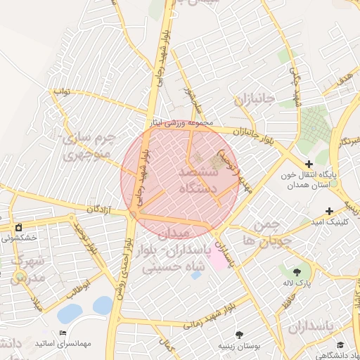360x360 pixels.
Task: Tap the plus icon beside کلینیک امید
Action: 329,211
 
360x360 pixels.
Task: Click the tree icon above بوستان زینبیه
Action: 240,335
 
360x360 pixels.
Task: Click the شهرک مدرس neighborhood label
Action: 28,269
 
